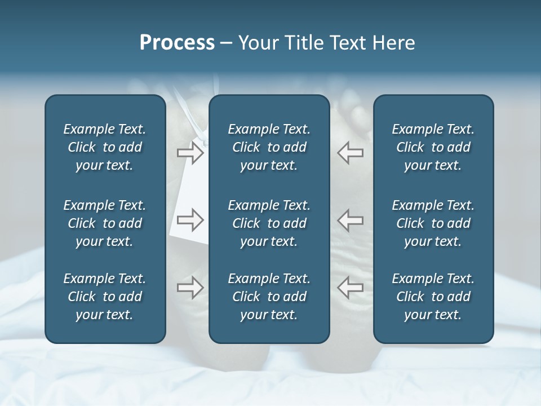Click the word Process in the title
177,43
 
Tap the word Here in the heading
394,43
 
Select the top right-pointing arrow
190,153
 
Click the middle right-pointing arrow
190,220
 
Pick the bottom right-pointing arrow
190,288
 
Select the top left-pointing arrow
350,153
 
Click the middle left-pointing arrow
350,220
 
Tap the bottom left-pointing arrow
350,288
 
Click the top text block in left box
105,147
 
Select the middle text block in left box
105,223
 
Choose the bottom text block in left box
105,297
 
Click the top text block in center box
269,147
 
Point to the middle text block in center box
269,223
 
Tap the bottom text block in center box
269,297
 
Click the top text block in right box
433,147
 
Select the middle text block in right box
433,223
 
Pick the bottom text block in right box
433,297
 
